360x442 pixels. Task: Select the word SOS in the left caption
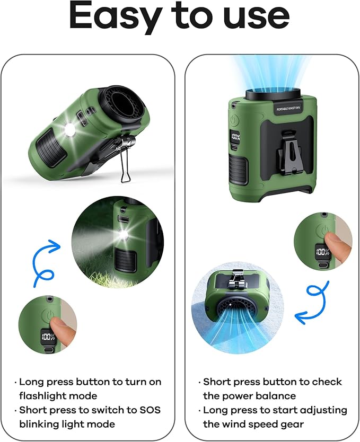[x=150, y=410]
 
